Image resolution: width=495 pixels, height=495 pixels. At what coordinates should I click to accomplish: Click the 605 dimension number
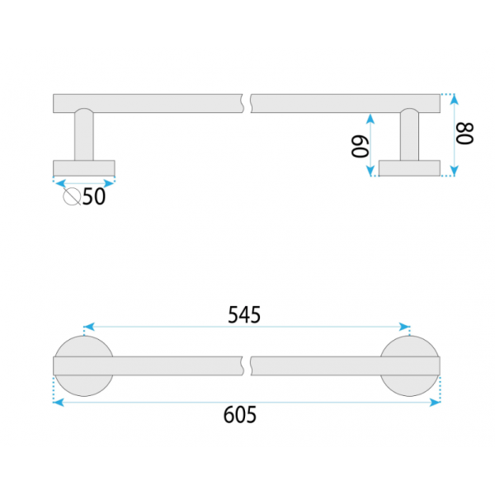[x=240, y=414]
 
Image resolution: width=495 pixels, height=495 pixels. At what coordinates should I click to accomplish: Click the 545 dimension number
[x=244, y=315]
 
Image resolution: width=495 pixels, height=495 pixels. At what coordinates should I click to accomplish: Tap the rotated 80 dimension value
[x=465, y=134]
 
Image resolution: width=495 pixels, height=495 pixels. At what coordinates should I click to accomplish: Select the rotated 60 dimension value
[x=360, y=147]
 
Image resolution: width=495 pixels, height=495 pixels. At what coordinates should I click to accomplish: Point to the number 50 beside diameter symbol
[x=94, y=196]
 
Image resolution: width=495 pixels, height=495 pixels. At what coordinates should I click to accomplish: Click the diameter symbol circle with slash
[x=72, y=196]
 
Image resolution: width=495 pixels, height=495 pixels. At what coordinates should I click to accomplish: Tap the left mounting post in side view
[x=84, y=134]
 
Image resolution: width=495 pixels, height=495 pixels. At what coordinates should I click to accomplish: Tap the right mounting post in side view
[x=409, y=134]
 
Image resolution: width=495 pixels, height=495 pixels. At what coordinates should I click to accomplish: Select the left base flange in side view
[x=84, y=168]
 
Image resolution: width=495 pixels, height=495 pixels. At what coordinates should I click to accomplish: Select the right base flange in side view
[x=409, y=168]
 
